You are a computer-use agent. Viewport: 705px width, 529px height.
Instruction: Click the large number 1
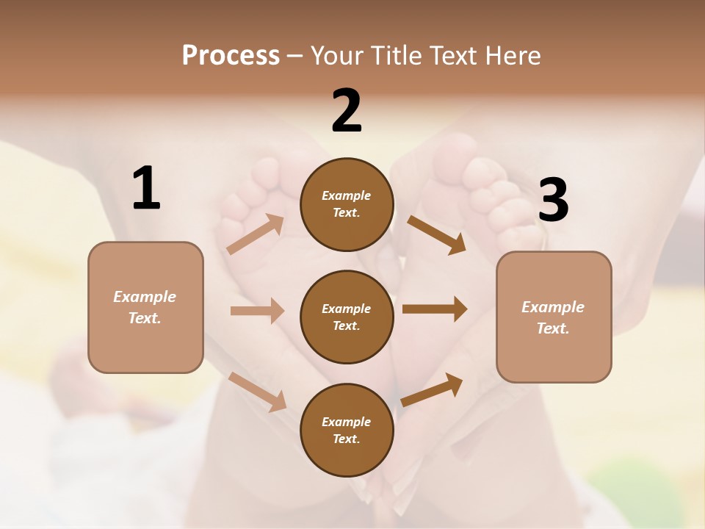146,188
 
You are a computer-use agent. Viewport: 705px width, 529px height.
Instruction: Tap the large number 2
347,111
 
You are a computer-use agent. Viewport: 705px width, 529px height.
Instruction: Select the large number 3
553,201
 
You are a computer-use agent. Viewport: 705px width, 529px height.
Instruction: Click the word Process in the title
231,55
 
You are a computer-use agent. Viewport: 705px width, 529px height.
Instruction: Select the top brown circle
347,204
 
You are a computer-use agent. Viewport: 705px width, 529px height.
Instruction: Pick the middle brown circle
347,317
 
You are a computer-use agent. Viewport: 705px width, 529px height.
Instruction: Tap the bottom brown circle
347,430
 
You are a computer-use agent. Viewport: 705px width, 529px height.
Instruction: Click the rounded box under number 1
145,307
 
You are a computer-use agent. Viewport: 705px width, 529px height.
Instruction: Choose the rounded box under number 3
554,317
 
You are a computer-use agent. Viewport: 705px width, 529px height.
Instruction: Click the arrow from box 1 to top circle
255,234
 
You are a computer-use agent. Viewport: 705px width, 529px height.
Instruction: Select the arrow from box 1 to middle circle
257,311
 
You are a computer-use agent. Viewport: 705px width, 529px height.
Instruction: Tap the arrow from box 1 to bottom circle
257,392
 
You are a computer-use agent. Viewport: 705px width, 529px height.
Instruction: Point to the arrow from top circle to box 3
436,234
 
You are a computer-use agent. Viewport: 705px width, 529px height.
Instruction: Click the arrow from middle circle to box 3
435,309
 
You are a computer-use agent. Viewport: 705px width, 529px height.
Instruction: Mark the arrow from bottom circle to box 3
432,390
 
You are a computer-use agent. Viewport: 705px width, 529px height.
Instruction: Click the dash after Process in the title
295,56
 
